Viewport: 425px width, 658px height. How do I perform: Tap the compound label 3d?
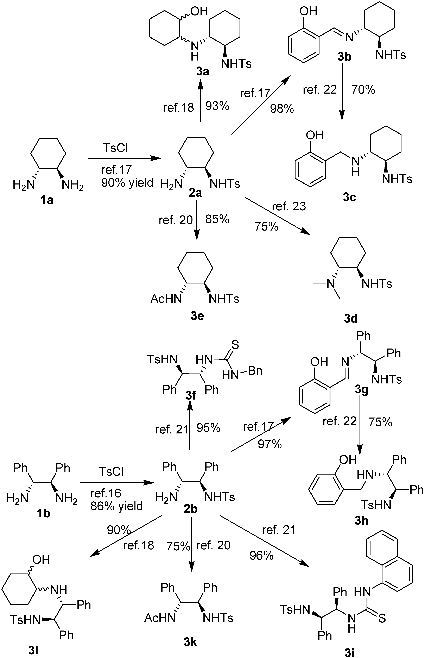[x=351, y=319]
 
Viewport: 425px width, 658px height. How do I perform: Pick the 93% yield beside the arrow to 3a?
[x=217, y=106]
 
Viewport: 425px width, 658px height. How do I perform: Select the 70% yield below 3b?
[x=363, y=90]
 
